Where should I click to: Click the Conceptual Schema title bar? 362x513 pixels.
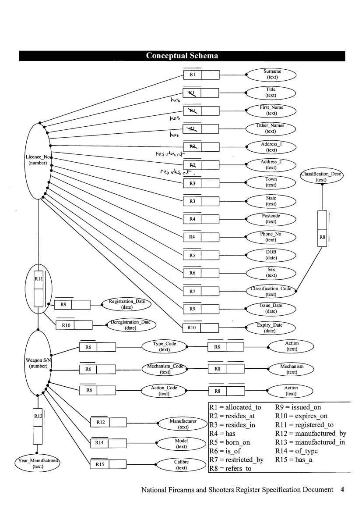point(182,56)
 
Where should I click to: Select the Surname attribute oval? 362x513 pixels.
point(272,74)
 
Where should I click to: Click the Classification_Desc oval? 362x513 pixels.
point(322,177)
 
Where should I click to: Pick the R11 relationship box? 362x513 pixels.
point(39,289)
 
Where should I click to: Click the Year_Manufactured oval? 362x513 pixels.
point(38,463)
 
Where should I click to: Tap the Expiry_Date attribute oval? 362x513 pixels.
point(270,328)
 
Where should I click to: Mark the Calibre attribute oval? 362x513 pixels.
point(181,465)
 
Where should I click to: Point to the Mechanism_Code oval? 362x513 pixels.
point(165,369)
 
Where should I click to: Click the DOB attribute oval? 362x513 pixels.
point(271,255)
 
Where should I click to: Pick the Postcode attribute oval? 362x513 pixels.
point(271,218)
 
